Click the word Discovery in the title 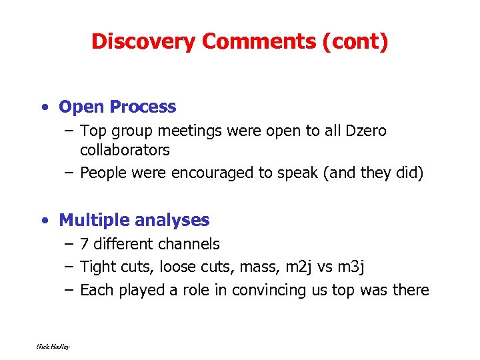point(143,41)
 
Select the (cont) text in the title point(355,41)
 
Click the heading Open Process point(117,107)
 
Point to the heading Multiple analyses point(134,220)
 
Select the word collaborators point(125,150)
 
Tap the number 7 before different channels point(84,245)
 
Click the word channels point(190,245)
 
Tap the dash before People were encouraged point(69,173)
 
